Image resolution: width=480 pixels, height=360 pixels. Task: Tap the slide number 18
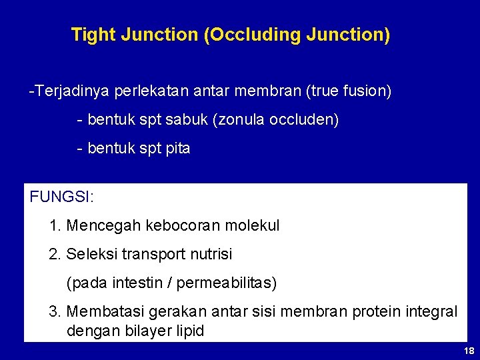(x=469, y=351)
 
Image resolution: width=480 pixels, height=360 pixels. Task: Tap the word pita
(x=177, y=149)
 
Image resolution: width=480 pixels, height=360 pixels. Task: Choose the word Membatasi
(x=100, y=312)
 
